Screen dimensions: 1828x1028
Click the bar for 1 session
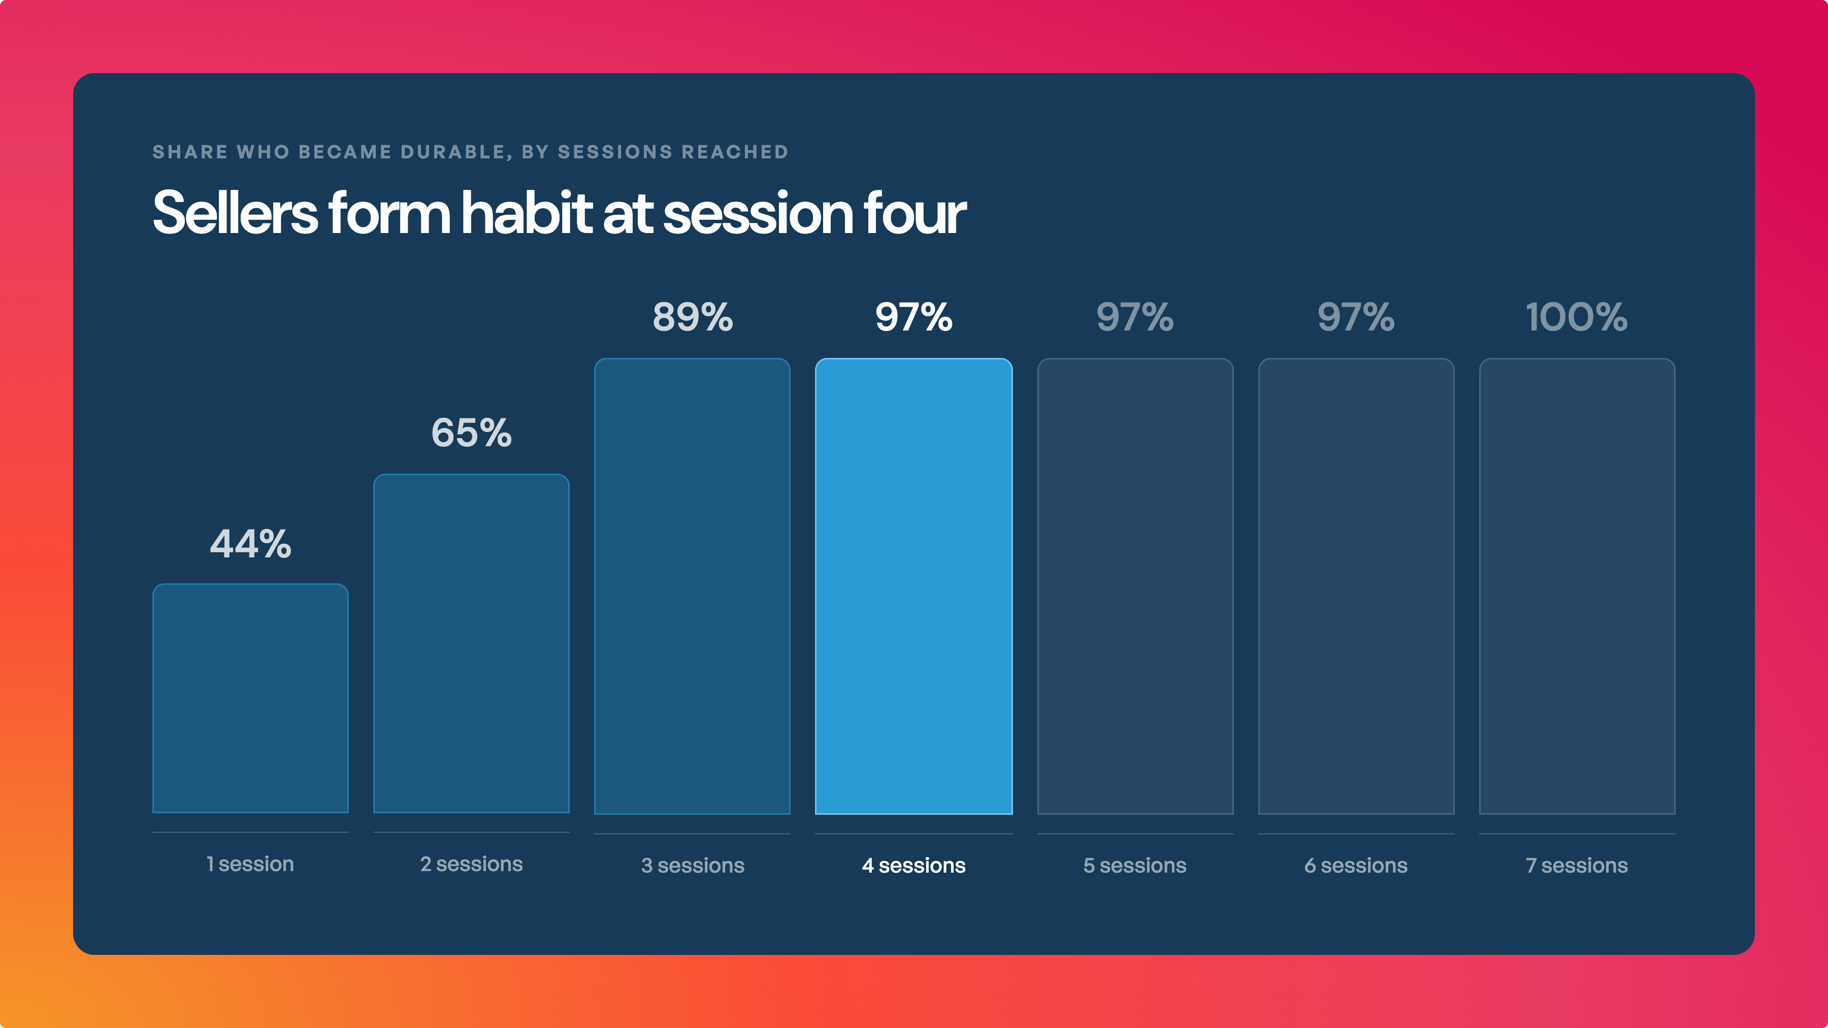click(250, 698)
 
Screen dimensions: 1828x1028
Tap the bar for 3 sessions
click(692, 586)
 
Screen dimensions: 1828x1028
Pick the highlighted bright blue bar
click(913, 586)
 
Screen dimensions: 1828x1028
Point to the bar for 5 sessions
click(1135, 586)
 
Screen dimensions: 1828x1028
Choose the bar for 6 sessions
click(1356, 586)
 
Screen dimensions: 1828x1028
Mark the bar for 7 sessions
click(1577, 586)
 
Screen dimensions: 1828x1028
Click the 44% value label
click(250, 544)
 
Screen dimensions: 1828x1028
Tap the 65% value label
click(471, 433)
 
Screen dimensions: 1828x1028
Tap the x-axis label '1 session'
click(250, 864)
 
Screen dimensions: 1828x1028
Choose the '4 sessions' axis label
click(914, 866)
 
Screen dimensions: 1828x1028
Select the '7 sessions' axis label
click(1577, 866)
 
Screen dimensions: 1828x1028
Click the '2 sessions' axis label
click(471, 864)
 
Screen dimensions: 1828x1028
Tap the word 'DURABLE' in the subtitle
click(453, 152)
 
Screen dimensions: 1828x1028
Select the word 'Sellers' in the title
click(236, 212)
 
